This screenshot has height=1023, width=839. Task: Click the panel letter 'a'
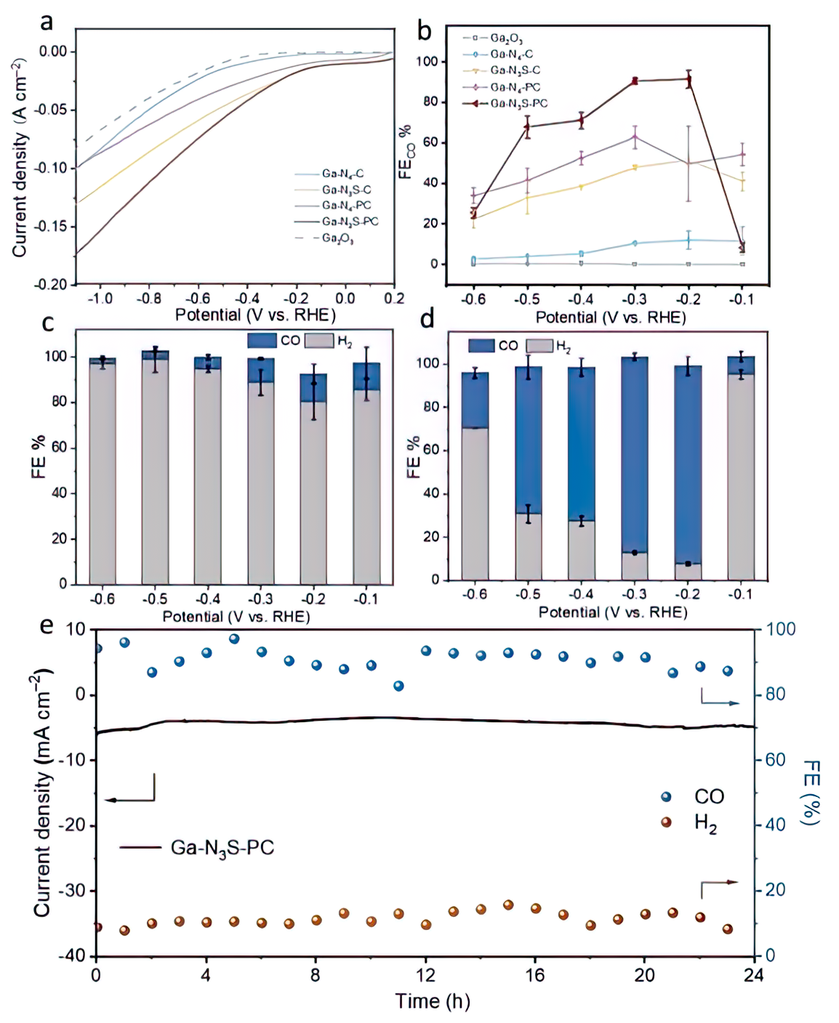point(47,23)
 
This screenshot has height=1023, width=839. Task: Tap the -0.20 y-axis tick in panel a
point(53,284)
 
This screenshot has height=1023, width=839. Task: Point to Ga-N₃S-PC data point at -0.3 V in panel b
point(635,81)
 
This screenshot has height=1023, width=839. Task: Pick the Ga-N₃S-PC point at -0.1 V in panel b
point(742,248)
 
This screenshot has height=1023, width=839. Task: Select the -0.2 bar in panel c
point(313,479)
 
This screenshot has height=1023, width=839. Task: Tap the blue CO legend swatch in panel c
point(262,340)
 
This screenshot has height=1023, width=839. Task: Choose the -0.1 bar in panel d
point(741,468)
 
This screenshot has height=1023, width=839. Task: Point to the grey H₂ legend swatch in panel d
point(539,346)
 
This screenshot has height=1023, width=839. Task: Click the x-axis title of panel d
point(612,612)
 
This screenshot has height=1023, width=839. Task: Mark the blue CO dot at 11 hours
point(398,686)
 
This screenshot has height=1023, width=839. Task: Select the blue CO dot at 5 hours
point(234,639)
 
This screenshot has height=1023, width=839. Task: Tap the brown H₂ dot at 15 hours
point(508,905)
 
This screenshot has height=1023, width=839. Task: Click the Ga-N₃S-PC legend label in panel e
point(222,848)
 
